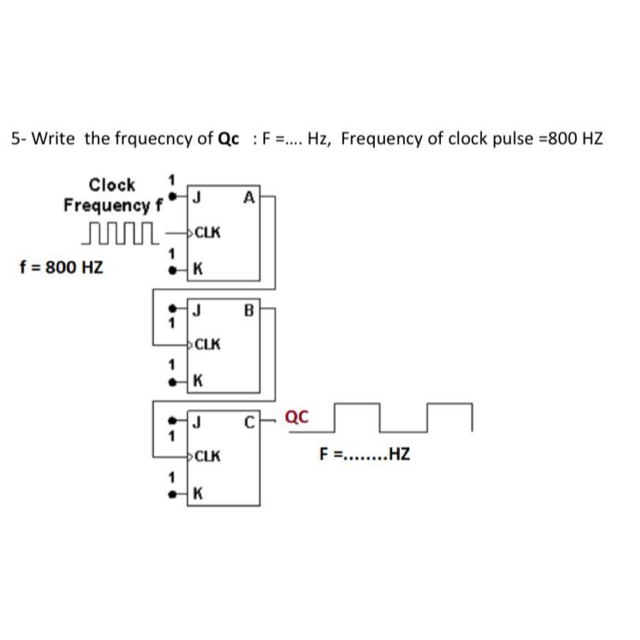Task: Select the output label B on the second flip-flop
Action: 249,310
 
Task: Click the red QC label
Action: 296,417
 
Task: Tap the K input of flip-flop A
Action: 197,269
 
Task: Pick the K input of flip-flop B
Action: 197,381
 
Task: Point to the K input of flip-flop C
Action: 197,494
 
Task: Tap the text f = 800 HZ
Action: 61,267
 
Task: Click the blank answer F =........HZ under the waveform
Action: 365,455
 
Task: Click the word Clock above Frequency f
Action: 111,185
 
